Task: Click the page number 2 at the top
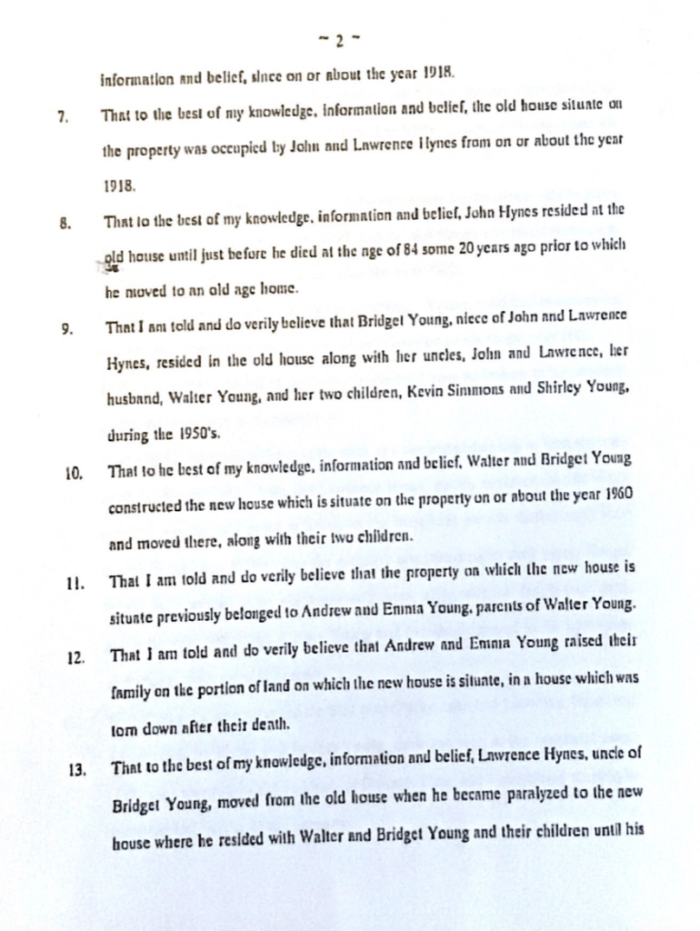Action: point(337,40)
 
